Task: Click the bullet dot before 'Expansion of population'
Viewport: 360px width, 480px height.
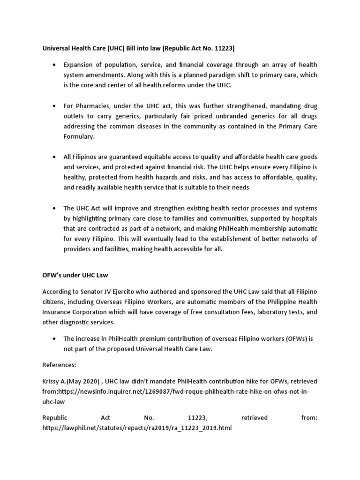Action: (x=56, y=65)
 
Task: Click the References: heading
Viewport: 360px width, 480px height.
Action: (x=59, y=364)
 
